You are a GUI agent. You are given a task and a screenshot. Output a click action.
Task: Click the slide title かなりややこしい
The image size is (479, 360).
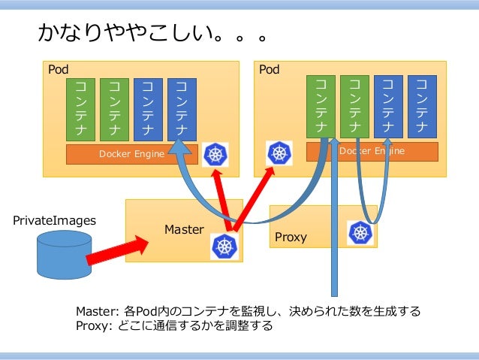[x=153, y=35]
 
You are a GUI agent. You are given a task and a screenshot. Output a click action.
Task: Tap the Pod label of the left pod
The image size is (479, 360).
[x=59, y=70]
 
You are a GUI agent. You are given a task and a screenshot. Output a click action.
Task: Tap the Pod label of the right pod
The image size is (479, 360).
[x=269, y=70]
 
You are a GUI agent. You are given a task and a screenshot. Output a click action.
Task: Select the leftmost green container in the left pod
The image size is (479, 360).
[x=80, y=109]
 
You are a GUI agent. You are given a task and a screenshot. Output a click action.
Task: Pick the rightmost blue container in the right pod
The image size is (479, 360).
[x=421, y=105]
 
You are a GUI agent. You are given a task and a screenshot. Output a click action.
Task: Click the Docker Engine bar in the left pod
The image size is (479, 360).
[x=131, y=154]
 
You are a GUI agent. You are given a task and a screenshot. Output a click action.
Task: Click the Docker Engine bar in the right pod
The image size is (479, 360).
[x=372, y=151]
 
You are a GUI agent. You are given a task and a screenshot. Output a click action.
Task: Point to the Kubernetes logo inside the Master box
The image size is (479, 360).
[x=224, y=245]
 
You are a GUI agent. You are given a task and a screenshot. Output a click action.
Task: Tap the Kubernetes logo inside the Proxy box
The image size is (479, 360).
[x=360, y=233]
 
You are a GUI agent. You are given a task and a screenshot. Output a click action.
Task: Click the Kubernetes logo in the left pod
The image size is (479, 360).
[x=216, y=155]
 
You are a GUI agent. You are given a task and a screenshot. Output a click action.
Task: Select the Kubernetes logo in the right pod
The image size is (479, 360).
[x=280, y=154]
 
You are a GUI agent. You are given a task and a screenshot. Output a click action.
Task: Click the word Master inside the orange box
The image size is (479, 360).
[x=184, y=229]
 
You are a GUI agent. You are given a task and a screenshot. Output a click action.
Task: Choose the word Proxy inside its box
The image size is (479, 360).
[x=291, y=237]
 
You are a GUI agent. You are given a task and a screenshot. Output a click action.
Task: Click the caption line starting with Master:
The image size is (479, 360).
[x=248, y=311]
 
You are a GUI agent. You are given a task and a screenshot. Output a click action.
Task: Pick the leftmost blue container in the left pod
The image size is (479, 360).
[x=148, y=109]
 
